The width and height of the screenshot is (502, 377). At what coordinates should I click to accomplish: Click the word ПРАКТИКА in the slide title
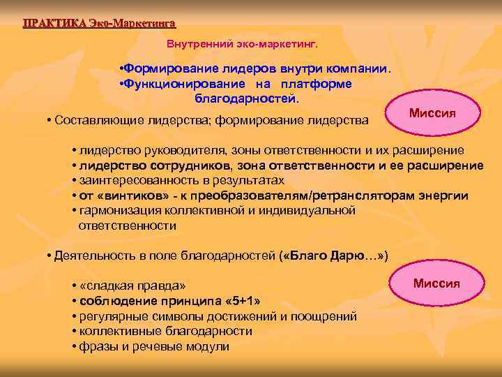54,22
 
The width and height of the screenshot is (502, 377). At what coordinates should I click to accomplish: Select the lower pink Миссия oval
436,283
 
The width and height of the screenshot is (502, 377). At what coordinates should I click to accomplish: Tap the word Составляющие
89,122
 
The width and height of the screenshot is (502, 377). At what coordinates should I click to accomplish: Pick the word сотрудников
192,165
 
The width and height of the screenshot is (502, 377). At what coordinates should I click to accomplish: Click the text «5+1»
242,301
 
